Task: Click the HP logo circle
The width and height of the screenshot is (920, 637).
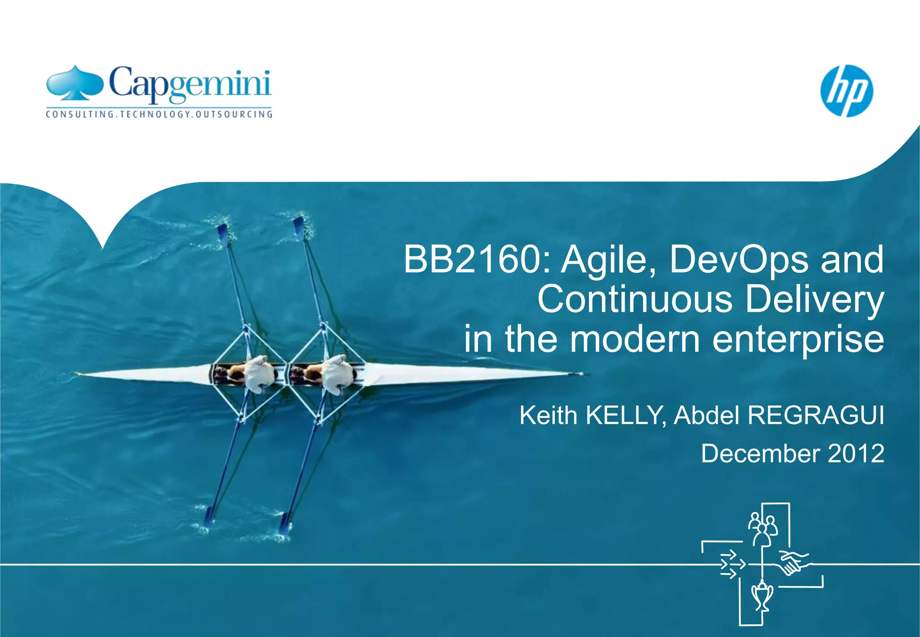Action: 846,91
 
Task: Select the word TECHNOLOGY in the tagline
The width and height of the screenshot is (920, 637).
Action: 155,114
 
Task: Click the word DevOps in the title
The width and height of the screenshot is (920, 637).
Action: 738,260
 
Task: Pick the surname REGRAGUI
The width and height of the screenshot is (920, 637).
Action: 816,415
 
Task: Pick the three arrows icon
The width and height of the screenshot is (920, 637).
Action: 731,564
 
